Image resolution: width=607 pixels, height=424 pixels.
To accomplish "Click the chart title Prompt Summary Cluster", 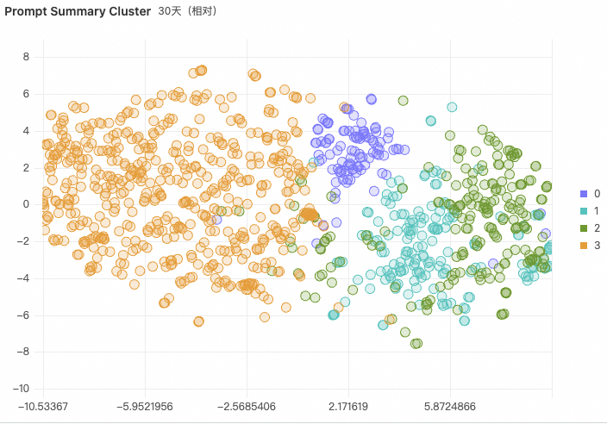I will tap(78, 12).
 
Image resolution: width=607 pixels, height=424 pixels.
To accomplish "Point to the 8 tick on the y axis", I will tap(26, 57).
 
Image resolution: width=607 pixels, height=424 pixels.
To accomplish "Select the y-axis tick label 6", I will tap(26, 94).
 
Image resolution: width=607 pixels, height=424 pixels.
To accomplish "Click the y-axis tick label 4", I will tap(26, 130).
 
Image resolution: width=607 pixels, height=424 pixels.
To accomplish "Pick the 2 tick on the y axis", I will tap(26, 167).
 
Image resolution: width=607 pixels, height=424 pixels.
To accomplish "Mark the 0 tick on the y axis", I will tap(26, 204).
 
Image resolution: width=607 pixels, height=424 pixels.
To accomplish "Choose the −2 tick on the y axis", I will tap(23, 241).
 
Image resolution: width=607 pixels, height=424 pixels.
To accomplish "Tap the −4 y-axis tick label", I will tap(23, 277).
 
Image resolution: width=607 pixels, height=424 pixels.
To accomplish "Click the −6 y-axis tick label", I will tap(23, 315).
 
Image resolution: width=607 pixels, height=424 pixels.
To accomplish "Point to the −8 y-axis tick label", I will tap(23, 352).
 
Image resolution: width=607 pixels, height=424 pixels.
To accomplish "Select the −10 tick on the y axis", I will tap(21, 388).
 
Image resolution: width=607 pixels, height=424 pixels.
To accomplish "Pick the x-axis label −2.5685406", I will tap(247, 404).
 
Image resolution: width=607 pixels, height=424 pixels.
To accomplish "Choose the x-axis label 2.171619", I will tap(349, 404).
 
